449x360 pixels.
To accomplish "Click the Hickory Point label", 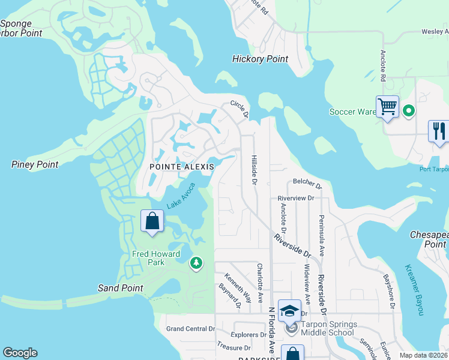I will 260,59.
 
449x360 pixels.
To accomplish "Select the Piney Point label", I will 35,164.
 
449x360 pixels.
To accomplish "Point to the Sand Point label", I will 121,288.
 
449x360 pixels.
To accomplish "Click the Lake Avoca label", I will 181,196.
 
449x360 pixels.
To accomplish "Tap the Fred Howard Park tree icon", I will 196,263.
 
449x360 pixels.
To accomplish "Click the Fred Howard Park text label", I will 156,259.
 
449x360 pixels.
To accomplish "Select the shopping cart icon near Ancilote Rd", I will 388,107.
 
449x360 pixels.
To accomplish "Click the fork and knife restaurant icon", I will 439,131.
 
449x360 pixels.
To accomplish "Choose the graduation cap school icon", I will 289,310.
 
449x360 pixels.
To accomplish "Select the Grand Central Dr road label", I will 190,329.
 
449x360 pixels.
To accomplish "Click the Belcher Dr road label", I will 307,182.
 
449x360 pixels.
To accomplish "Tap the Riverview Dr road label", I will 296,198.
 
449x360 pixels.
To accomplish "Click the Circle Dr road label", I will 240,109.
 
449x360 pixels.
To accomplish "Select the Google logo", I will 20,353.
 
